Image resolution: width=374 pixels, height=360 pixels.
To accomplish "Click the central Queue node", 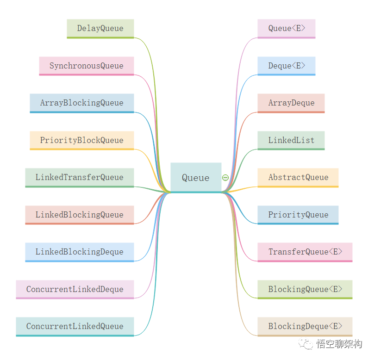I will point(196,178).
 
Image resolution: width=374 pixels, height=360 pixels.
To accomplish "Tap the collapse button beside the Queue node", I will point(225,178).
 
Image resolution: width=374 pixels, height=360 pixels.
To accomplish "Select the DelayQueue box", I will point(100,28).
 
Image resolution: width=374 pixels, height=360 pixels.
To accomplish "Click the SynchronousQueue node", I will point(87,66).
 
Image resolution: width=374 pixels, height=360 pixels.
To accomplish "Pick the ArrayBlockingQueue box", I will point(82,103).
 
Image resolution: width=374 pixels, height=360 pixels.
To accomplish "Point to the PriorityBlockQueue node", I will point(82,140).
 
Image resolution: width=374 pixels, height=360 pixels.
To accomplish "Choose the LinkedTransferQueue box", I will point(80,177).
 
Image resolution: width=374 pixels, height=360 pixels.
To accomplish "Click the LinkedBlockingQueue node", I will point(80,215).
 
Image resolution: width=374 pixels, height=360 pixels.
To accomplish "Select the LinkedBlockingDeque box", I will point(80,252).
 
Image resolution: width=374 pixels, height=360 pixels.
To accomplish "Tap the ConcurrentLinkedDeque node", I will point(75,289).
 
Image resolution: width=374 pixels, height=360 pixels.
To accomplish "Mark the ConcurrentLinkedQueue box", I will point(75,326).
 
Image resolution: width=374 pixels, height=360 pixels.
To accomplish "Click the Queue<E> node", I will point(287,28).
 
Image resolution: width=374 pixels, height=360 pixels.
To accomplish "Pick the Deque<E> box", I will point(287,66).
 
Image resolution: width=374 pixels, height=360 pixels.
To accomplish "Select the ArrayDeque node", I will point(291,103).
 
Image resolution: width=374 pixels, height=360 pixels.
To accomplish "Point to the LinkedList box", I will point(291,140).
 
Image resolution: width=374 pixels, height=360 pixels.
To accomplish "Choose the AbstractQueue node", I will point(298,177).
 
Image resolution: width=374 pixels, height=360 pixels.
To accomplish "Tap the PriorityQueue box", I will point(298,215).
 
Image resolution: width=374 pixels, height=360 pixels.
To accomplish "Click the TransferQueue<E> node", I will point(305,252).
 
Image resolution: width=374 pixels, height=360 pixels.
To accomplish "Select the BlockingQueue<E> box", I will point(305,289).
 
